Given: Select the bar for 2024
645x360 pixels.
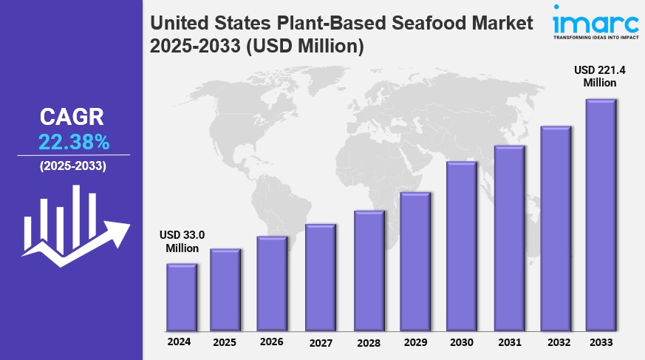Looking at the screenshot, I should tap(181, 297).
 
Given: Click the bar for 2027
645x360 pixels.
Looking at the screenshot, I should tap(321, 277).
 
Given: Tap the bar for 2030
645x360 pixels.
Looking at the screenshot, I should tap(461, 246).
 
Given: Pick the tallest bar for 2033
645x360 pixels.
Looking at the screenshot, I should tap(601, 215).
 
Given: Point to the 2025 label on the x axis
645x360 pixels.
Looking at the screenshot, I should tap(225, 342).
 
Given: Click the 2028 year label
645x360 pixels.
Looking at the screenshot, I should tap(368, 342).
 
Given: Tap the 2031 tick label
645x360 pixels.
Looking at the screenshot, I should tap(509, 342).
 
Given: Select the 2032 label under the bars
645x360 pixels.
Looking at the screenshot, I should tap(558, 342).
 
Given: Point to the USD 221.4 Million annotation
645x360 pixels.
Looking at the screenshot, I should tap(598, 76).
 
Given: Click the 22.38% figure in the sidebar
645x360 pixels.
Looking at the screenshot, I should tap(74, 142).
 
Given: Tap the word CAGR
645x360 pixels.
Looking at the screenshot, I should tap(72, 117).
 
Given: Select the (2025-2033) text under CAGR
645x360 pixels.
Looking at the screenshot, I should tap(72, 166).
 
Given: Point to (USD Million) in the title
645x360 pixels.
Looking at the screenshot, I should tap(305, 47).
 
